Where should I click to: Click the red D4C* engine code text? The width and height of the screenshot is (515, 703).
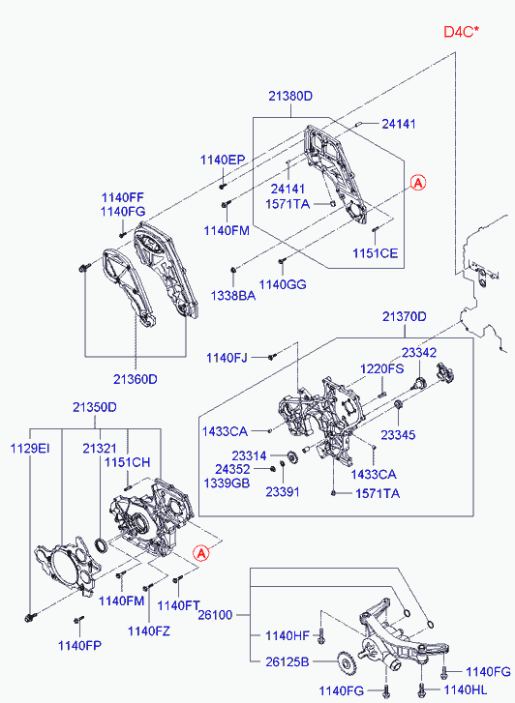click(461, 32)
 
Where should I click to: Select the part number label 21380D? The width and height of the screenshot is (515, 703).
click(290, 96)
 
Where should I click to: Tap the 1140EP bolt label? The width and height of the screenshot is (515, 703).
click(223, 161)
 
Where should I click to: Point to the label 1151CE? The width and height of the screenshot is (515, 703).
click(376, 253)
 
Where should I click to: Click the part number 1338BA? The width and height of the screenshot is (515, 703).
click(233, 296)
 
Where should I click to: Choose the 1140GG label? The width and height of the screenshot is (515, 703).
click(283, 284)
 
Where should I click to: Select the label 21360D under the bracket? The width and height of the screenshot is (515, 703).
click(136, 379)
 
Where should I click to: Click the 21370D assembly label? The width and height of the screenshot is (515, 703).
click(404, 316)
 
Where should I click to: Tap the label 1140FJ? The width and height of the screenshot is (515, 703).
click(227, 358)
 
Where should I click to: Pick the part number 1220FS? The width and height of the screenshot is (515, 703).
click(381, 368)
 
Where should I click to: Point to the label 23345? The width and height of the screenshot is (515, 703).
click(398, 434)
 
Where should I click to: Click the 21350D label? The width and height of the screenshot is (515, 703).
click(95, 407)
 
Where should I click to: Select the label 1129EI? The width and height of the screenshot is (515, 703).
click(30, 448)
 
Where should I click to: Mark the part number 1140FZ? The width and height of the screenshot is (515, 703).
click(149, 631)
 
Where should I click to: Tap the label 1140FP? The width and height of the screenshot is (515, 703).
click(80, 646)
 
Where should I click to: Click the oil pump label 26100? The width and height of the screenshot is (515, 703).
click(215, 615)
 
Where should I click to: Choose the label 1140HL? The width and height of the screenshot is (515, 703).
click(466, 689)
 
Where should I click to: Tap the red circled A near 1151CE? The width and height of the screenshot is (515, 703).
click(418, 183)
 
